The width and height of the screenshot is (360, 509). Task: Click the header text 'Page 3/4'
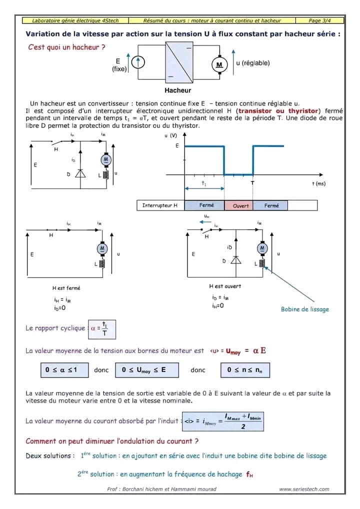(320, 20)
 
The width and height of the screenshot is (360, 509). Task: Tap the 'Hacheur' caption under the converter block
(177, 90)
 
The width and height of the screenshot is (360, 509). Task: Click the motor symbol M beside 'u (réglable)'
(219, 64)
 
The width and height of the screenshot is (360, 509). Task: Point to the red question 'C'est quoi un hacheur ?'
(67, 47)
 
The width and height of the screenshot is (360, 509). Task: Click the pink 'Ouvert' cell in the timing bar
(240, 205)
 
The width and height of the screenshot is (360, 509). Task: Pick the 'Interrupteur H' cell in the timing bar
(160, 205)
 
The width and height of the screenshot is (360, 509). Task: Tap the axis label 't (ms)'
(318, 183)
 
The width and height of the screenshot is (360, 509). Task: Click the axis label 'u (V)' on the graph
(171, 135)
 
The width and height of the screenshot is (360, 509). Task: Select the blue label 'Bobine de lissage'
(305, 309)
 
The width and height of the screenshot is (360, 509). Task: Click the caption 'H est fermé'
(66, 288)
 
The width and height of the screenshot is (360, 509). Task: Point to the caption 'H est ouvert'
(224, 286)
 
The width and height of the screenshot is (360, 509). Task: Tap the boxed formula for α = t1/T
(102, 328)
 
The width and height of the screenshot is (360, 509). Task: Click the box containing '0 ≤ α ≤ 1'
(64, 370)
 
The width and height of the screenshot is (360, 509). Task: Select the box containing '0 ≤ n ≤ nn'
(245, 370)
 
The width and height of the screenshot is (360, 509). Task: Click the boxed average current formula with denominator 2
(223, 420)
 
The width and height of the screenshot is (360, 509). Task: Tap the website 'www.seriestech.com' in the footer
(304, 489)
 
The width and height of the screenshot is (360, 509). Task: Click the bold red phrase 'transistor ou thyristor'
(278, 110)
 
